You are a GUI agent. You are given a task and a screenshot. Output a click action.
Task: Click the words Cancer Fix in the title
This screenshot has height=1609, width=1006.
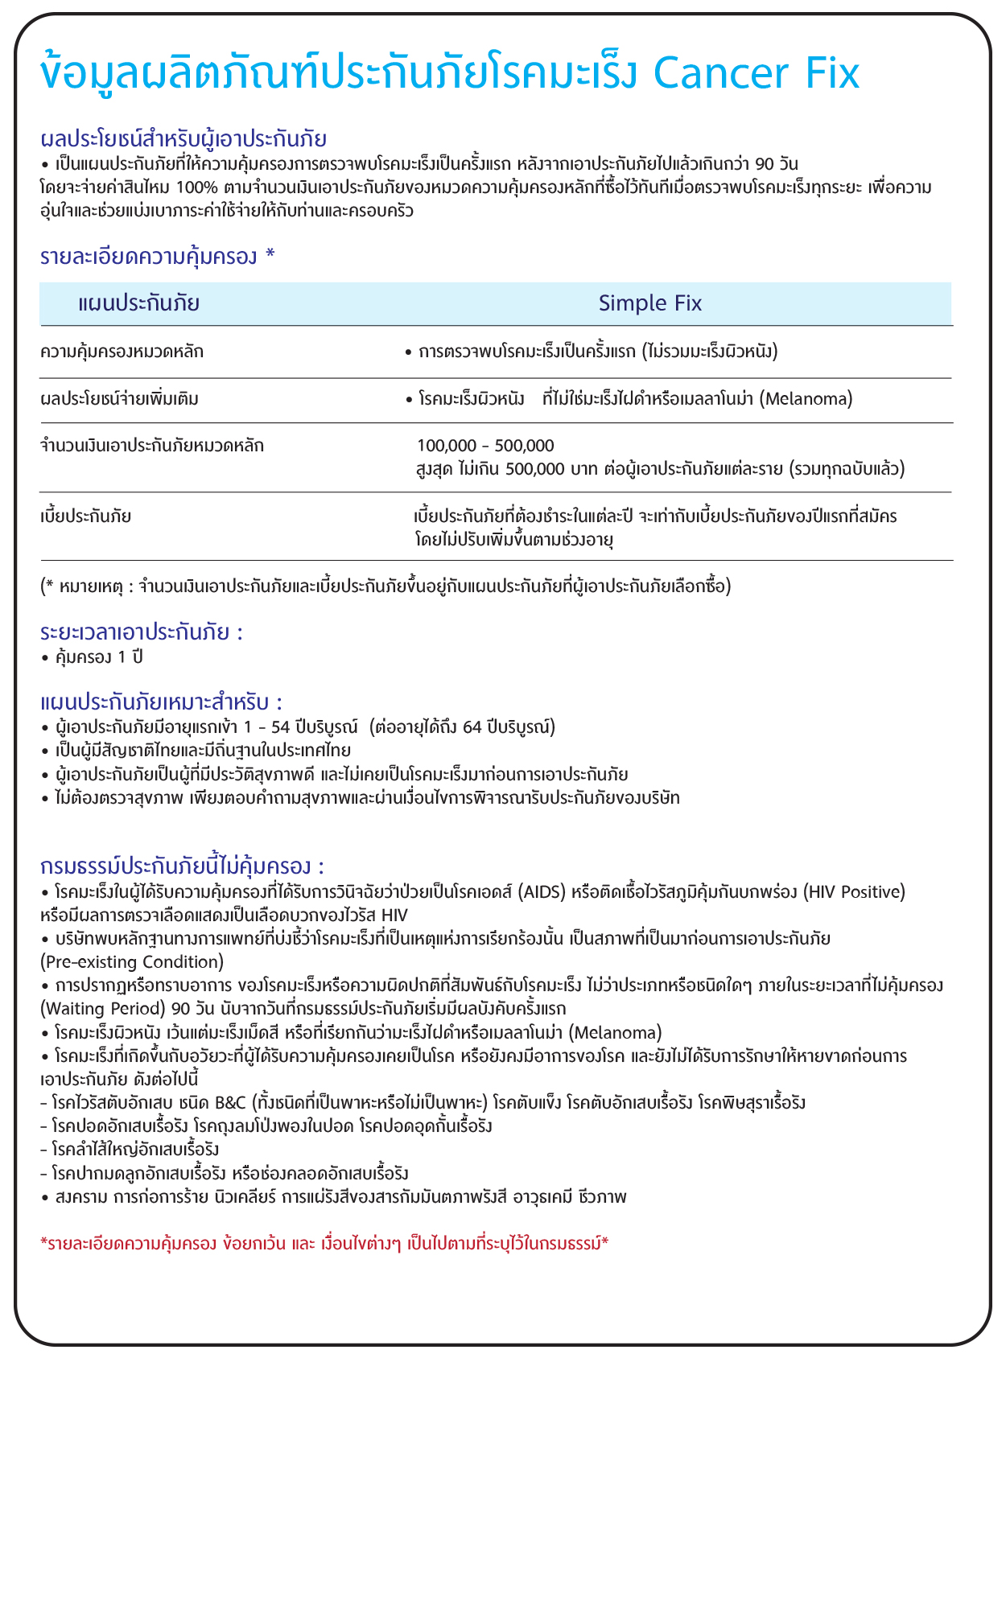point(757,74)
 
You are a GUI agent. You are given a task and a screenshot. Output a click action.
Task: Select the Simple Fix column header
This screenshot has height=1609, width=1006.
point(650,303)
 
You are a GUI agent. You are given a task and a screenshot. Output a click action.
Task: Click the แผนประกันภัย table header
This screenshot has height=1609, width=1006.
point(139,303)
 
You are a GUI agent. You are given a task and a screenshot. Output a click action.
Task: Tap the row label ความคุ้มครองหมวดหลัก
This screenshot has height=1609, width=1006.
point(122,352)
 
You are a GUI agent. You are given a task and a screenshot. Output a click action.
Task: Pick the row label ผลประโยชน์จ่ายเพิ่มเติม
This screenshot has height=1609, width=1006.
point(120,398)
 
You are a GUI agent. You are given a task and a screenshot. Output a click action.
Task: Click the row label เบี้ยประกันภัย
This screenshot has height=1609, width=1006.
point(85,516)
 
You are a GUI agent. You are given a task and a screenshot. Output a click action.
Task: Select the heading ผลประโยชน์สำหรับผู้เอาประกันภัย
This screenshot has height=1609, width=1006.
point(183,138)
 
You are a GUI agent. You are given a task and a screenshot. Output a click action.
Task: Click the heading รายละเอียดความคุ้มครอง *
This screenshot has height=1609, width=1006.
point(158,257)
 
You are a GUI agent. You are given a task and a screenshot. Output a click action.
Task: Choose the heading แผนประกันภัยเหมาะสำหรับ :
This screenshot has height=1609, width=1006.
point(161,702)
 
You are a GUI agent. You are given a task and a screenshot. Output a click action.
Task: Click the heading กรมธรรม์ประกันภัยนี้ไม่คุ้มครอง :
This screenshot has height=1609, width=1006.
point(182,866)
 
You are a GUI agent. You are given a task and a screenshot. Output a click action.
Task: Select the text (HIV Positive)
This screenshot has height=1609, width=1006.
point(856,891)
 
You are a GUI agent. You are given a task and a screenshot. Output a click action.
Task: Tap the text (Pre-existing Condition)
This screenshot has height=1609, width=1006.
point(132,961)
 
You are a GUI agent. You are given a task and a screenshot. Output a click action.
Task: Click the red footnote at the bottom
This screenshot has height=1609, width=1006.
point(324,1244)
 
